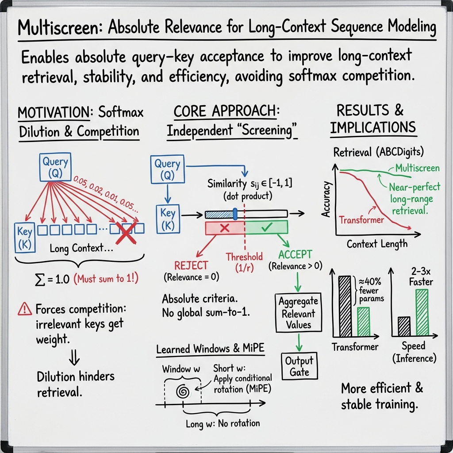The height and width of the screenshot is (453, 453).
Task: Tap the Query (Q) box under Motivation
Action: [55, 168]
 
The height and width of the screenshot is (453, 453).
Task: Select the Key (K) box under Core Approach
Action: [168, 218]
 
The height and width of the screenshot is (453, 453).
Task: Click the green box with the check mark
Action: [266, 228]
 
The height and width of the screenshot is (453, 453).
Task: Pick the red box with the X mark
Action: [224, 228]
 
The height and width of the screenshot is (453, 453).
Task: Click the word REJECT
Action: [191, 265]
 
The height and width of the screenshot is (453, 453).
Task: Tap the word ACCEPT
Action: [295, 255]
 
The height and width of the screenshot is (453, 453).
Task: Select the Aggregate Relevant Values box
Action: [298, 313]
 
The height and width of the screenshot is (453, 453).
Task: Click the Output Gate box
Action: [299, 366]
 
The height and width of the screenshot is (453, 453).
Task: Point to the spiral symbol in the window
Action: [182, 391]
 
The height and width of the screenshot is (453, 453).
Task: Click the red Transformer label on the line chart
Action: [361, 219]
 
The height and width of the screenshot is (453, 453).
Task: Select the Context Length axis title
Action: [377, 244]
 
